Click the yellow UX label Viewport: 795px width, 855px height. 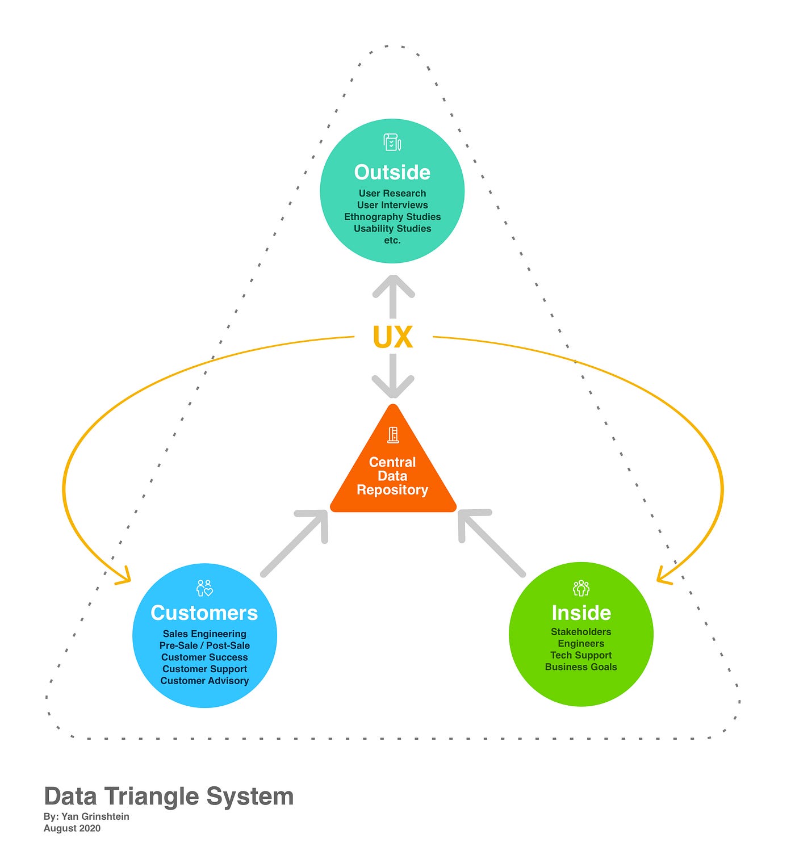pos(392,337)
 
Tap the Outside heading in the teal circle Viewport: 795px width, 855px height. pos(392,172)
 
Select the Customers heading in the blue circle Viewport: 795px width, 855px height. pos(204,613)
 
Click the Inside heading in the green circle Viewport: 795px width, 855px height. pos(581,613)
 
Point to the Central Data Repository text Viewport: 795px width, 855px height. pos(392,476)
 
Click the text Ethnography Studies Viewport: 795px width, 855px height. pos(392,217)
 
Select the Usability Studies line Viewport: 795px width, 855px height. pos(392,229)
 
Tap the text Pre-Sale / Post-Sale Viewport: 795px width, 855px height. pos(204,646)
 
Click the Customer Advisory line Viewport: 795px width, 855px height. pos(204,681)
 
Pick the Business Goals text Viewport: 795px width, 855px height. pos(581,667)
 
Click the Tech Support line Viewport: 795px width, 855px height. pos(581,655)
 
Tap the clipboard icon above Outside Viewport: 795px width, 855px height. pos(392,142)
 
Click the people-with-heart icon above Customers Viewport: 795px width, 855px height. pos(204,588)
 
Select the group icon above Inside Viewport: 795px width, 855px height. pos(581,588)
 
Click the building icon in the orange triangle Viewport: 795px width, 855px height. pos(393,435)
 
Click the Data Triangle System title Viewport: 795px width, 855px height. pos(169,797)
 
